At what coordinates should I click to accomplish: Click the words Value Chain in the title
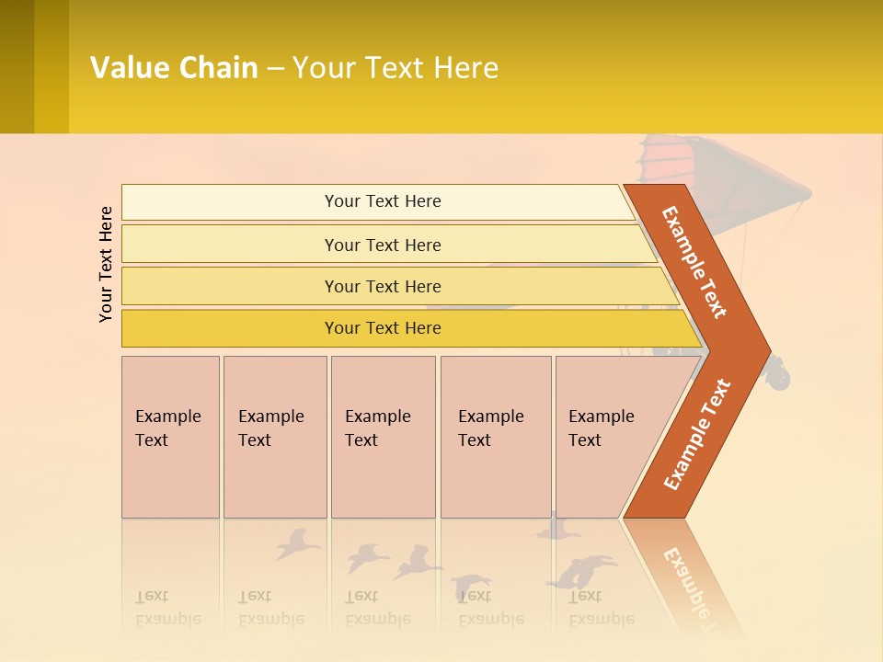click(x=174, y=68)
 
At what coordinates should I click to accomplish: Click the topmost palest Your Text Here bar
click(x=383, y=201)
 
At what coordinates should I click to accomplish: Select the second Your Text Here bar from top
click(x=383, y=245)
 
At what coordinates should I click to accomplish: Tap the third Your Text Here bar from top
click(x=383, y=286)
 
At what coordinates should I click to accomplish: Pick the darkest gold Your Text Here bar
click(x=383, y=328)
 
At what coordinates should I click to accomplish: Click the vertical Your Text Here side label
click(x=106, y=264)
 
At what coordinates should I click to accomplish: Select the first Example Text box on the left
click(x=169, y=437)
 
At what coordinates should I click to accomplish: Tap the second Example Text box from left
click(x=274, y=437)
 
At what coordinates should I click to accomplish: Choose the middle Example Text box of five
click(x=382, y=437)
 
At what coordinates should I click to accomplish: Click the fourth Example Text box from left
click(x=495, y=437)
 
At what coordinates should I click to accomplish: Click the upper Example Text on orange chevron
click(x=695, y=262)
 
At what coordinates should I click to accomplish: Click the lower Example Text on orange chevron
click(x=697, y=434)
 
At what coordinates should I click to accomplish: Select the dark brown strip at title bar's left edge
click(x=17, y=66)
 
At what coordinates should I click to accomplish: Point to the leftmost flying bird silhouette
click(x=296, y=543)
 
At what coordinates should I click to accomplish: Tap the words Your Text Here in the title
click(x=396, y=68)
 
